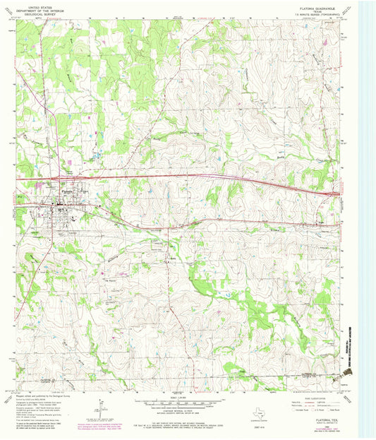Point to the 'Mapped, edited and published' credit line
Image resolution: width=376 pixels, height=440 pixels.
click(x=42, y=395)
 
